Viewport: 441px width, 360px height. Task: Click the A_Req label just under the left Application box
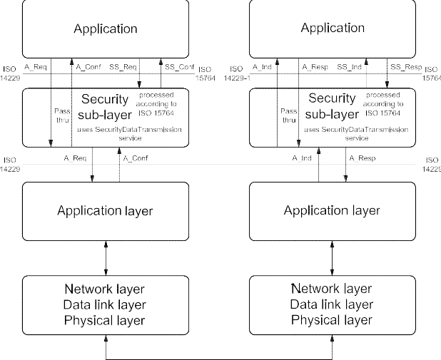pyautogui.click(x=36, y=67)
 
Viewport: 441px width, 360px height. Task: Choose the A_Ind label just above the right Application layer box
pyautogui.click(x=303, y=158)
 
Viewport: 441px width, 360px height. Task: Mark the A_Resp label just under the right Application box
pyautogui.click(x=315, y=67)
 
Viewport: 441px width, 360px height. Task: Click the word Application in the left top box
pyautogui.click(x=106, y=29)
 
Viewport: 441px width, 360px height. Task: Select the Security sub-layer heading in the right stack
pyautogui.click(x=332, y=105)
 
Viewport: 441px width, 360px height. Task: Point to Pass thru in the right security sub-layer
pyautogui.click(x=289, y=115)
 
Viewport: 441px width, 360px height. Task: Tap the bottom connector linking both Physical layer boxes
pyautogui.click(x=219, y=356)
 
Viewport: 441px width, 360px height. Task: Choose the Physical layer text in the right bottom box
pyautogui.click(x=332, y=320)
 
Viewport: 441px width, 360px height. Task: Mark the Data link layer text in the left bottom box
pyautogui.click(x=106, y=304)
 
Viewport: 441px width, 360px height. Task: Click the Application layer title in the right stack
pyautogui.click(x=332, y=210)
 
